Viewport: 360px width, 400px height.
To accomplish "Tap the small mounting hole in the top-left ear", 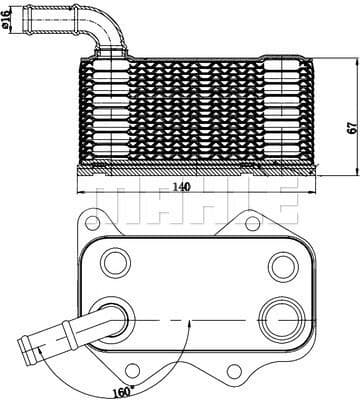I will (x=93, y=222).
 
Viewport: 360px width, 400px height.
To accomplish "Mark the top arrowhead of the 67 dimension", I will (x=337, y=49).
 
